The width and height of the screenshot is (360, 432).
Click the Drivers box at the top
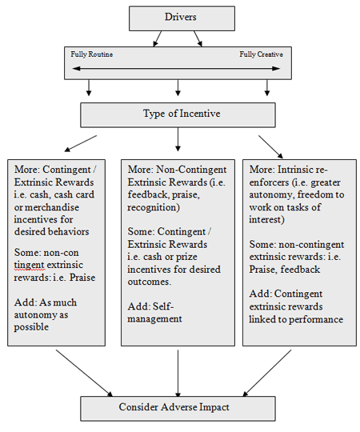[182, 18]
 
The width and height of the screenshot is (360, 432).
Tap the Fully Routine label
[91, 54]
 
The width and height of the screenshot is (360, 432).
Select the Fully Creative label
[261, 54]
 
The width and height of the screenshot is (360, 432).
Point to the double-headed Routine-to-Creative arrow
[176, 69]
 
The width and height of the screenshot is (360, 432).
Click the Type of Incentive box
[178, 115]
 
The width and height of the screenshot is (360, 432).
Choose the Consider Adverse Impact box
[178, 409]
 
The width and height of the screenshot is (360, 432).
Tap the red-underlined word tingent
[29, 266]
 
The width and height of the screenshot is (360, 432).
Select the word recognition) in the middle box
[154, 207]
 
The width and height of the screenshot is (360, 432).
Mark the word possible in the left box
[31, 327]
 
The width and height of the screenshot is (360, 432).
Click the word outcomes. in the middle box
[150, 282]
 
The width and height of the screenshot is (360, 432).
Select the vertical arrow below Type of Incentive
[178, 139]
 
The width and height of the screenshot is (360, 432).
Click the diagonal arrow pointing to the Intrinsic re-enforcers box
[270, 147]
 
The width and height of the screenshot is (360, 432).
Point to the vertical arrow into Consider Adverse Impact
[178, 374]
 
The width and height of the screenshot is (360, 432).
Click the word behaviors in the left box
[69, 232]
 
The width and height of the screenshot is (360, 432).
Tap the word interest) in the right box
[266, 219]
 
